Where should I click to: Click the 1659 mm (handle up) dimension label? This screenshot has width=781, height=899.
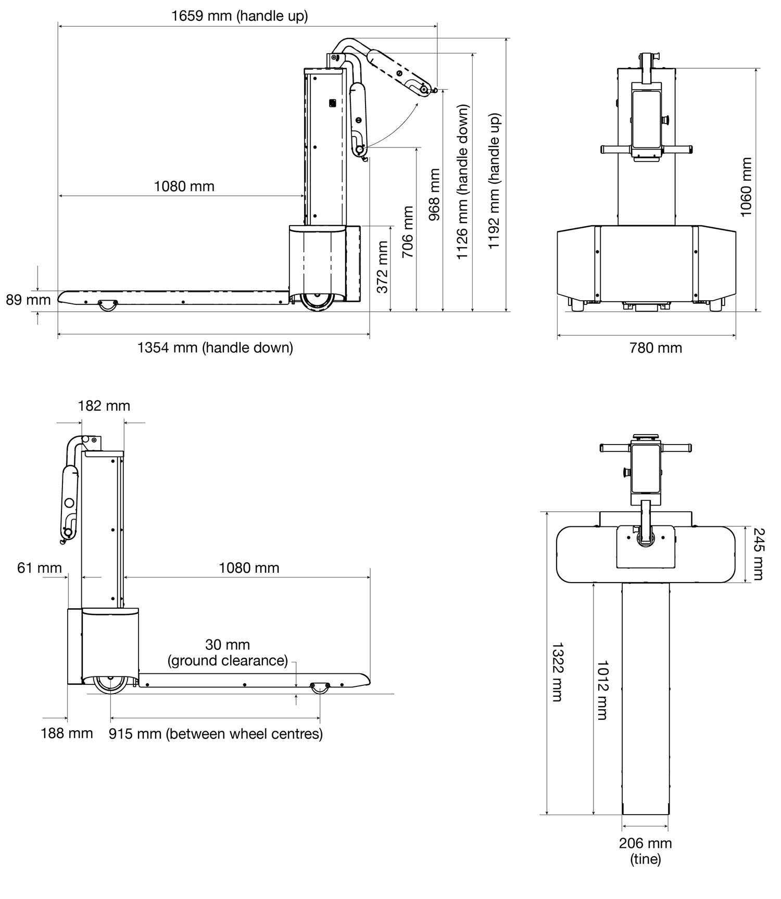(x=240, y=16)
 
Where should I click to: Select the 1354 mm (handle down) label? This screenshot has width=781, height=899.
(x=215, y=348)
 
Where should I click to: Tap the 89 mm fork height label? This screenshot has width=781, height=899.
(x=28, y=300)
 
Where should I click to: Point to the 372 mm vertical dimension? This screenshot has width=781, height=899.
(x=383, y=267)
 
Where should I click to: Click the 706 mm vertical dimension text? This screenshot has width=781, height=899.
(x=408, y=231)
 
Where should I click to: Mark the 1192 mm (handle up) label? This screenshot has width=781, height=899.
(x=494, y=181)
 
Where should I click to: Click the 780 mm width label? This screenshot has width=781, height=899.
(x=656, y=348)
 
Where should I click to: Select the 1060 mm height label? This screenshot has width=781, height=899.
(x=746, y=187)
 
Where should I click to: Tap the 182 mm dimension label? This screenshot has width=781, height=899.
(x=104, y=406)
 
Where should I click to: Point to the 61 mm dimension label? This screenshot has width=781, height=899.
(x=40, y=568)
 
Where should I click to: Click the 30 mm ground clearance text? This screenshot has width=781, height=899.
(x=228, y=652)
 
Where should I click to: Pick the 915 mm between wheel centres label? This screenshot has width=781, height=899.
(x=216, y=734)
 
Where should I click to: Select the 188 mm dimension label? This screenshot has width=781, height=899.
(x=67, y=733)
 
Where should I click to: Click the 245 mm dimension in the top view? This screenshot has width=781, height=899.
(x=759, y=554)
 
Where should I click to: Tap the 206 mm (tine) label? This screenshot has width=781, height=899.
(x=645, y=851)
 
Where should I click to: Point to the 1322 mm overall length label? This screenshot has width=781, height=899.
(x=557, y=672)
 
